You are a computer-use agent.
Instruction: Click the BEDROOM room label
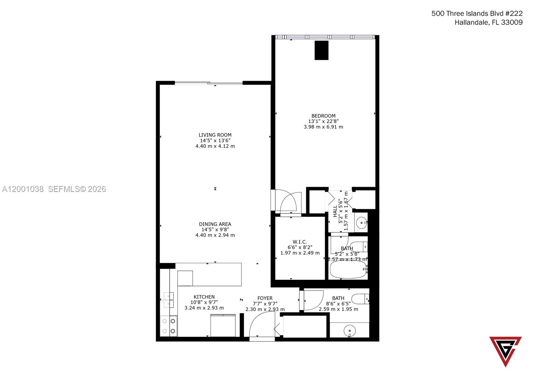coord(323,116)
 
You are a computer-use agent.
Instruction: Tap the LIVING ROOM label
coord(215,135)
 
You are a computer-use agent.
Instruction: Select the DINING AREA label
coord(215,224)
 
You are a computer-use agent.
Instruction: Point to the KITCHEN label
coord(204,297)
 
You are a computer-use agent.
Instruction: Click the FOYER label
coord(265,298)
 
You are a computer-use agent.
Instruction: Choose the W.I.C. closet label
coord(300,242)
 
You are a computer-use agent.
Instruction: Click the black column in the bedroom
coord(321,50)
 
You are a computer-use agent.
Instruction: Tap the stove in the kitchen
coord(169,326)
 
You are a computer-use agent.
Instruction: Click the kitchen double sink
coord(169,300)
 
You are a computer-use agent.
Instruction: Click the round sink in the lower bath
coord(349,330)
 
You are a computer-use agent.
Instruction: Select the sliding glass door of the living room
coord(208,83)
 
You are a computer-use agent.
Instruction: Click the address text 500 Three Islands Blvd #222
coord(476,14)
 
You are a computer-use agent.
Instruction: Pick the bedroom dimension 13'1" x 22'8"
coord(323,121)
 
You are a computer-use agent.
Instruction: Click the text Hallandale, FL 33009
coord(488,22)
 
